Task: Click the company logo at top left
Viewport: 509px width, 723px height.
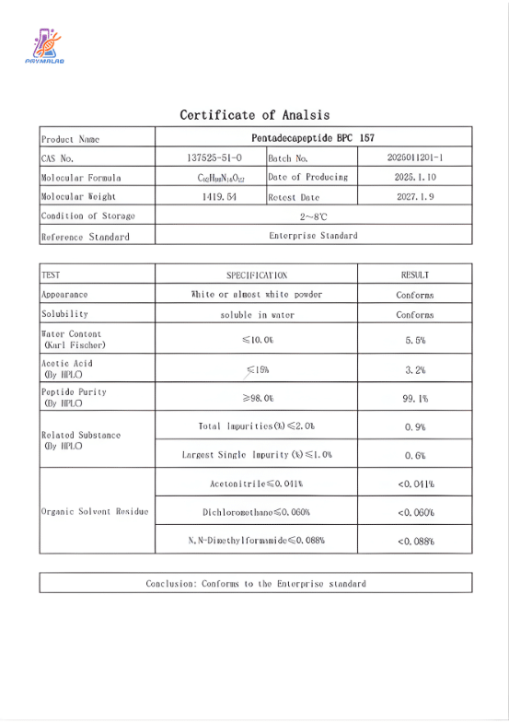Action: (44, 47)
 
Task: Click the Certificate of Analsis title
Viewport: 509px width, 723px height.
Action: (254, 115)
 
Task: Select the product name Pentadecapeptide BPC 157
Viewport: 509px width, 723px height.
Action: (313, 138)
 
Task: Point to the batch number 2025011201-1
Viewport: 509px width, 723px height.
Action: (415, 157)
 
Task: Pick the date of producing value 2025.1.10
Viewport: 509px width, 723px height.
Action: (415, 177)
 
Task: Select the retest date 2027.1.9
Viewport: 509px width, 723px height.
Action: (415, 197)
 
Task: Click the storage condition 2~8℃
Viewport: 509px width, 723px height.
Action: (313, 216)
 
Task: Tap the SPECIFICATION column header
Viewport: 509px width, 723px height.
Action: (257, 274)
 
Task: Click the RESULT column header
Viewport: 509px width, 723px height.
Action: (415, 274)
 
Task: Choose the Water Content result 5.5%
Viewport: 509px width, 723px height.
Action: (415, 340)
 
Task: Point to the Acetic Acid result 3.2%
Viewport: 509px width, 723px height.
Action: (415, 369)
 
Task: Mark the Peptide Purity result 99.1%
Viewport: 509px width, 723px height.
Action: (415, 398)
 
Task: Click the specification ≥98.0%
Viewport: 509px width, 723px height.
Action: (257, 398)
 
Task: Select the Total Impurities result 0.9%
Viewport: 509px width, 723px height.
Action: (415, 427)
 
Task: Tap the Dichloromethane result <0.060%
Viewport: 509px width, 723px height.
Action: (415, 512)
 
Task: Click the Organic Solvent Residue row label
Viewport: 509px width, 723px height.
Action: (94, 512)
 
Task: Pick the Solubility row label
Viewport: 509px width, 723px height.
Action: (64, 314)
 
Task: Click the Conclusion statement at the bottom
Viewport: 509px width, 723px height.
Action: (255, 583)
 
